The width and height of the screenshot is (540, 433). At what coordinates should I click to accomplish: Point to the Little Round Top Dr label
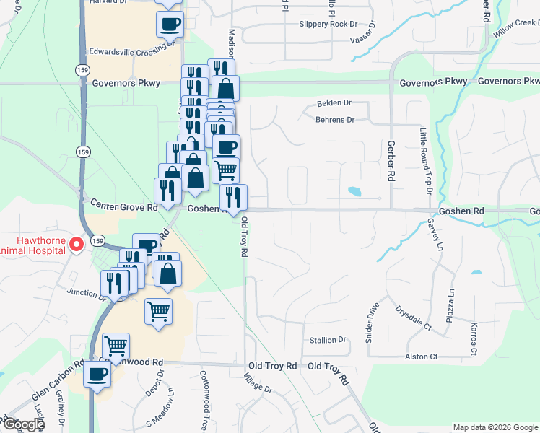tap(424, 162)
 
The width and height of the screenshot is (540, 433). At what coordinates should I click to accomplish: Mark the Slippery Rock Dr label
tap(334, 24)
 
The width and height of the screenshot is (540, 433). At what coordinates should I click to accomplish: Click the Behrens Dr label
tap(336, 120)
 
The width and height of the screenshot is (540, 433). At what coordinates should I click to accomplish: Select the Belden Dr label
tap(334, 103)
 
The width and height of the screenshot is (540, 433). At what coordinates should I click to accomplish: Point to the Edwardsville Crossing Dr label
tap(131, 52)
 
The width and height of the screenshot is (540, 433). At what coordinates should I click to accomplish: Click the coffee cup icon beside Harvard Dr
tap(170, 24)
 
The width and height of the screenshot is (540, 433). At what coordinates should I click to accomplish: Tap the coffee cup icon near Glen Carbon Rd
tap(97, 375)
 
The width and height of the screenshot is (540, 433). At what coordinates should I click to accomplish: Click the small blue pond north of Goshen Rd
tap(354, 192)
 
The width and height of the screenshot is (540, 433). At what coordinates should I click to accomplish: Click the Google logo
tap(23, 424)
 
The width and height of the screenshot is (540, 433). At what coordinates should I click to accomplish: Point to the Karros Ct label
tap(474, 338)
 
